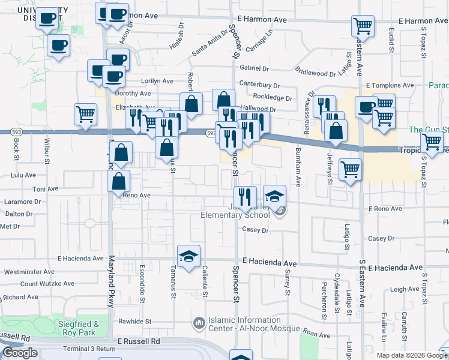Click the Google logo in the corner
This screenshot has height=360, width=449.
(x=20, y=353)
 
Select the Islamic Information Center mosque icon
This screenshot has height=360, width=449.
(x=199, y=324)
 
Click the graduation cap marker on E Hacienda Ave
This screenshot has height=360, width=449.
(x=188, y=256)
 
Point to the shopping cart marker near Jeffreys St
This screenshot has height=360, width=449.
(x=350, y=169)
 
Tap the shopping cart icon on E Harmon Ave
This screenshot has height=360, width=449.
(x=363, y=26)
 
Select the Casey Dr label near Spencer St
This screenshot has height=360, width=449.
(x=255, y=229)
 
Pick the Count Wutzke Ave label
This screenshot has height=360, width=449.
(x=47, y=284)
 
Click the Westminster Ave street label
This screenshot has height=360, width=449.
(x=29, y=272)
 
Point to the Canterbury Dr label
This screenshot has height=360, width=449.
(x=259, y=85)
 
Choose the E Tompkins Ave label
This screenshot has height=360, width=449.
(x=390, y=85)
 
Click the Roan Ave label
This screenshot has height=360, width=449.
(x=317, y=334)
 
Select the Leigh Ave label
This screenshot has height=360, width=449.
(x=404, y=289)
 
